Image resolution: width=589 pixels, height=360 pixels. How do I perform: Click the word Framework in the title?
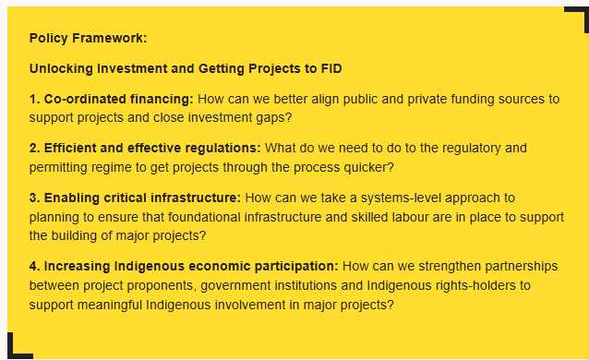(x=109, y=38)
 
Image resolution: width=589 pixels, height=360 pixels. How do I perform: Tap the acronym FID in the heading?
(x=331, y=68)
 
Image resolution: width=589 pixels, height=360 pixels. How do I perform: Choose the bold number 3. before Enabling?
(x=35, y=198)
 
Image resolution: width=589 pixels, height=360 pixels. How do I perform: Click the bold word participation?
(x=296, y=267)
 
